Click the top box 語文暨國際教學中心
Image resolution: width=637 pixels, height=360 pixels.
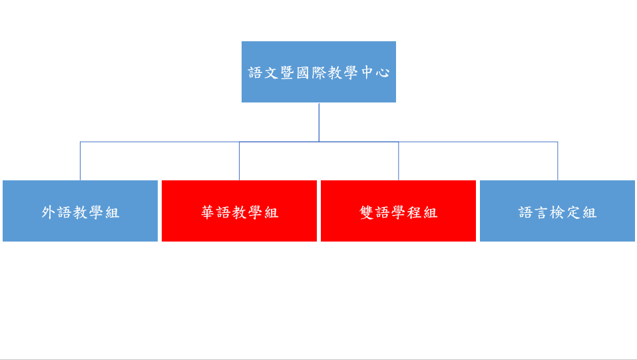[319, 72]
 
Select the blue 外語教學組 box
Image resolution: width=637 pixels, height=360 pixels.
[80, 211]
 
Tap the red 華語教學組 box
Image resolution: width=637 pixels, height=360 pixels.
[239, 211]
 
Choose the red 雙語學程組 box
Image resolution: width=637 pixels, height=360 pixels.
[398, 211]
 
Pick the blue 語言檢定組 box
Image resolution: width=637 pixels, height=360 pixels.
[557, 211]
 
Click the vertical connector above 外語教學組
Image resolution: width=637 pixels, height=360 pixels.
[80, 161]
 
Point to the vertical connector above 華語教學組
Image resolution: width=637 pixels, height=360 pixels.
[239, 161]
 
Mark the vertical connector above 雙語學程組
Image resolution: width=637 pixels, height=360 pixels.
[399, 161]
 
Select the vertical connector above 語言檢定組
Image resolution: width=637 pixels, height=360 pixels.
[558, 161]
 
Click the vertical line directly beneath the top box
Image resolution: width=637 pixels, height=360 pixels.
[319, 122]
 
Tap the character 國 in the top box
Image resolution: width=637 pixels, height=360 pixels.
[303, 73]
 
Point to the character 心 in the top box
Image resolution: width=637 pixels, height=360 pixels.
[383, 73]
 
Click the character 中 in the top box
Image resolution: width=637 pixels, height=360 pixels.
[367, 73]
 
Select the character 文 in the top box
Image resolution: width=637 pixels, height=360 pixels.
[271, 73]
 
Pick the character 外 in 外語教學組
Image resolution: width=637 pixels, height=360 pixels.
[49, 212]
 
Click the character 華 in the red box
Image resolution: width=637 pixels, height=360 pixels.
[207, 212]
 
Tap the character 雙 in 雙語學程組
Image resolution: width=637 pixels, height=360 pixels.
[367, 212]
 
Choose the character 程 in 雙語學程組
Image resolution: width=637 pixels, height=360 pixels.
[415, 212]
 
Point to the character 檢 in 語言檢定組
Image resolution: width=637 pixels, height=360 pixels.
[558, 212]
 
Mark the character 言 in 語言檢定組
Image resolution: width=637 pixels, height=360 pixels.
[542, 212]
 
